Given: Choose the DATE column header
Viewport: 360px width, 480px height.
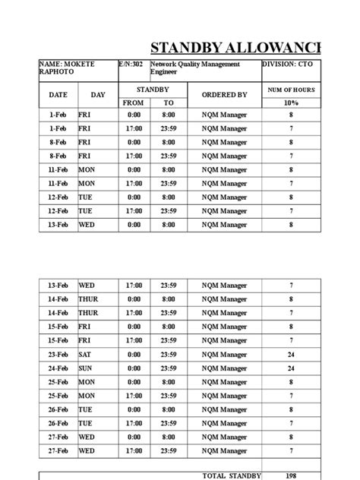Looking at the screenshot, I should coord(58,95).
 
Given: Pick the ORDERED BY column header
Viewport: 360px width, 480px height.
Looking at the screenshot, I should coord(224,95).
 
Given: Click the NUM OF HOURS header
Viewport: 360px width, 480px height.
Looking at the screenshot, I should coord(291,90).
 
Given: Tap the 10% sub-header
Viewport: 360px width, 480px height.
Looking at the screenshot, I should coord(291,103).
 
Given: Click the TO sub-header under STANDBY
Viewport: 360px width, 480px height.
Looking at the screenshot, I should coord(169,103).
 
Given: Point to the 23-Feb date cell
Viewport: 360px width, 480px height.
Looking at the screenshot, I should coord(58,354).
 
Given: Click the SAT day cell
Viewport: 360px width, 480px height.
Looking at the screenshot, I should coord(85,354).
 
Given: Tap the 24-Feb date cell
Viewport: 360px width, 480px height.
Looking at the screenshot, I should coord(58,368).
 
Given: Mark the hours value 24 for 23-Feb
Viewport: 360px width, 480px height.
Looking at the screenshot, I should coord(291,354).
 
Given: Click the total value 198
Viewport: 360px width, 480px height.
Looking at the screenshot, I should coord(291,475).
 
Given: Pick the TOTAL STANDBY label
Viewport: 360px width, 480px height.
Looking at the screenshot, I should coord(232,475).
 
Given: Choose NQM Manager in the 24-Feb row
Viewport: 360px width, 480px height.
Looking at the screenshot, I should coord(224,368).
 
